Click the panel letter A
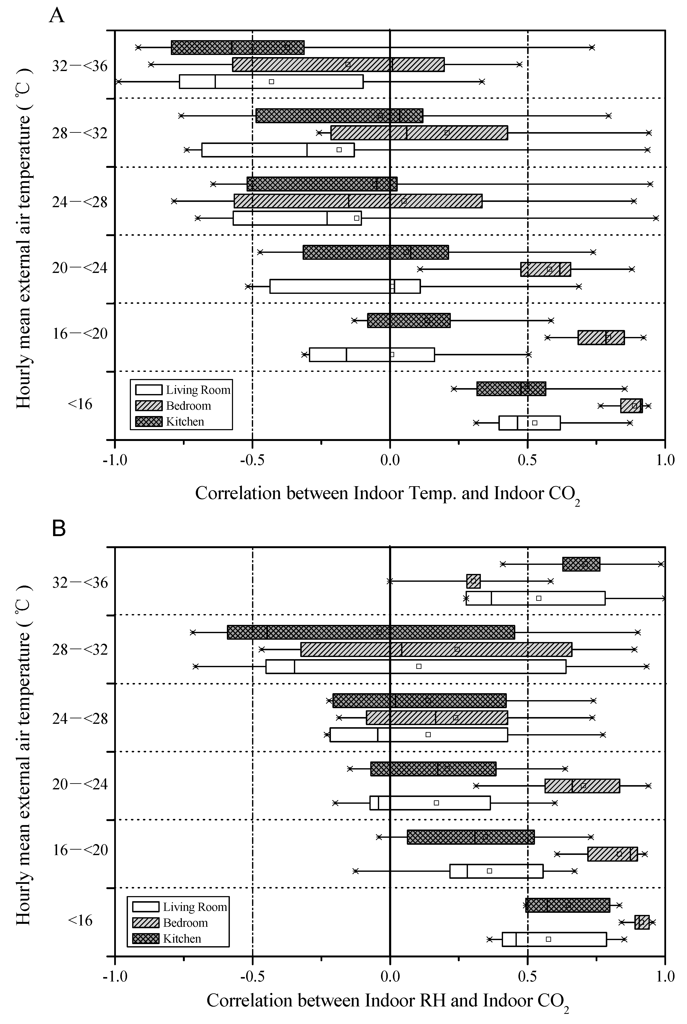click(57, 16)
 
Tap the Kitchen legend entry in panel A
click(184, 422)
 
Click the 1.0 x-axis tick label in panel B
click(665, 977)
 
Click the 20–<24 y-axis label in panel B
click(80, 784)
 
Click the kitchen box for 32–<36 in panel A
click(237, 47)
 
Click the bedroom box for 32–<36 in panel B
click(473, 581)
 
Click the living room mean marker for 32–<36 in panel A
click(271, 81)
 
